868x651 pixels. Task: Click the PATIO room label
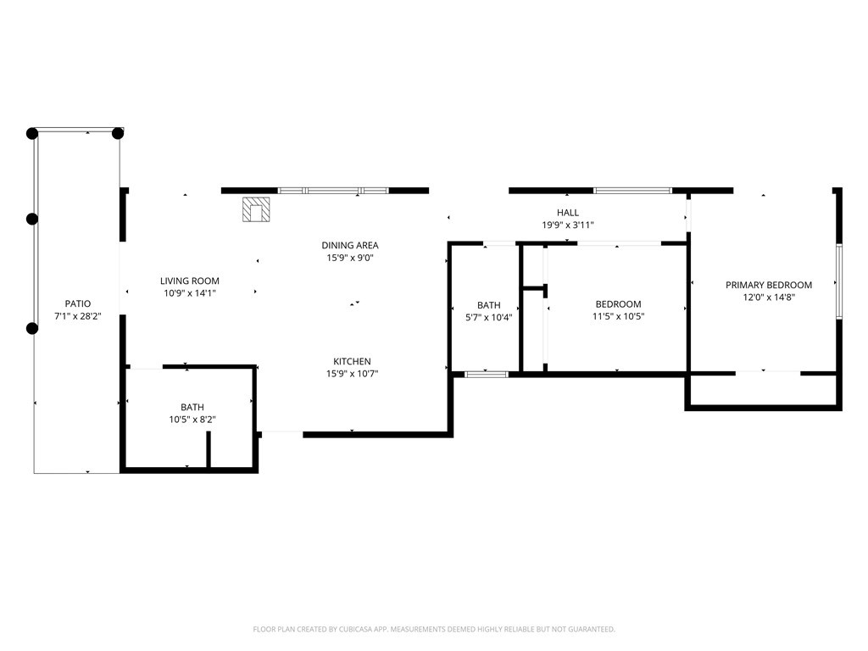(x=77, y=303)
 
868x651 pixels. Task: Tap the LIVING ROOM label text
(x=190, y=281)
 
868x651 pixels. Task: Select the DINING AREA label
(x=350, y=245)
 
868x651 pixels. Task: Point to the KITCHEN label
(x=352, y=361)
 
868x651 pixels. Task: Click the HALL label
(x=568, y=213)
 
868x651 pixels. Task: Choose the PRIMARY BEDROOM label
(x=769, y=285)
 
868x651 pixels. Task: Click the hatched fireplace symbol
(x=256, y=210)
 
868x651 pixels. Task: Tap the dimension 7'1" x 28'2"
(x=77, y=317)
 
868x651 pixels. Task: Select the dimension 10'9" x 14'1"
(x=190, y=293)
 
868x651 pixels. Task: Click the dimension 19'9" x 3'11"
(x=568, y=225)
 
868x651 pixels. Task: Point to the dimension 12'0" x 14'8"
(x=769, y=298)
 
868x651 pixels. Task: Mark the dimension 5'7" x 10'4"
(x=489, y=318)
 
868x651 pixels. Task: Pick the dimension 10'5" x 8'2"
(x=192, y=420)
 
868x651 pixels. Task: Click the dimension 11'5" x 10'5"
(x=618, y=317)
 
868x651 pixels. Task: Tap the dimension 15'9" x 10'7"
(x=352, y=374)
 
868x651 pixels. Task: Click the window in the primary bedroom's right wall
(x=839, y=281)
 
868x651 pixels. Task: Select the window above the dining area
(x=334, y=191)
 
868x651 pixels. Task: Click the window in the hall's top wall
(x=633, y=191)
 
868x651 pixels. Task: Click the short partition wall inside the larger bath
(x=209, y=449)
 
